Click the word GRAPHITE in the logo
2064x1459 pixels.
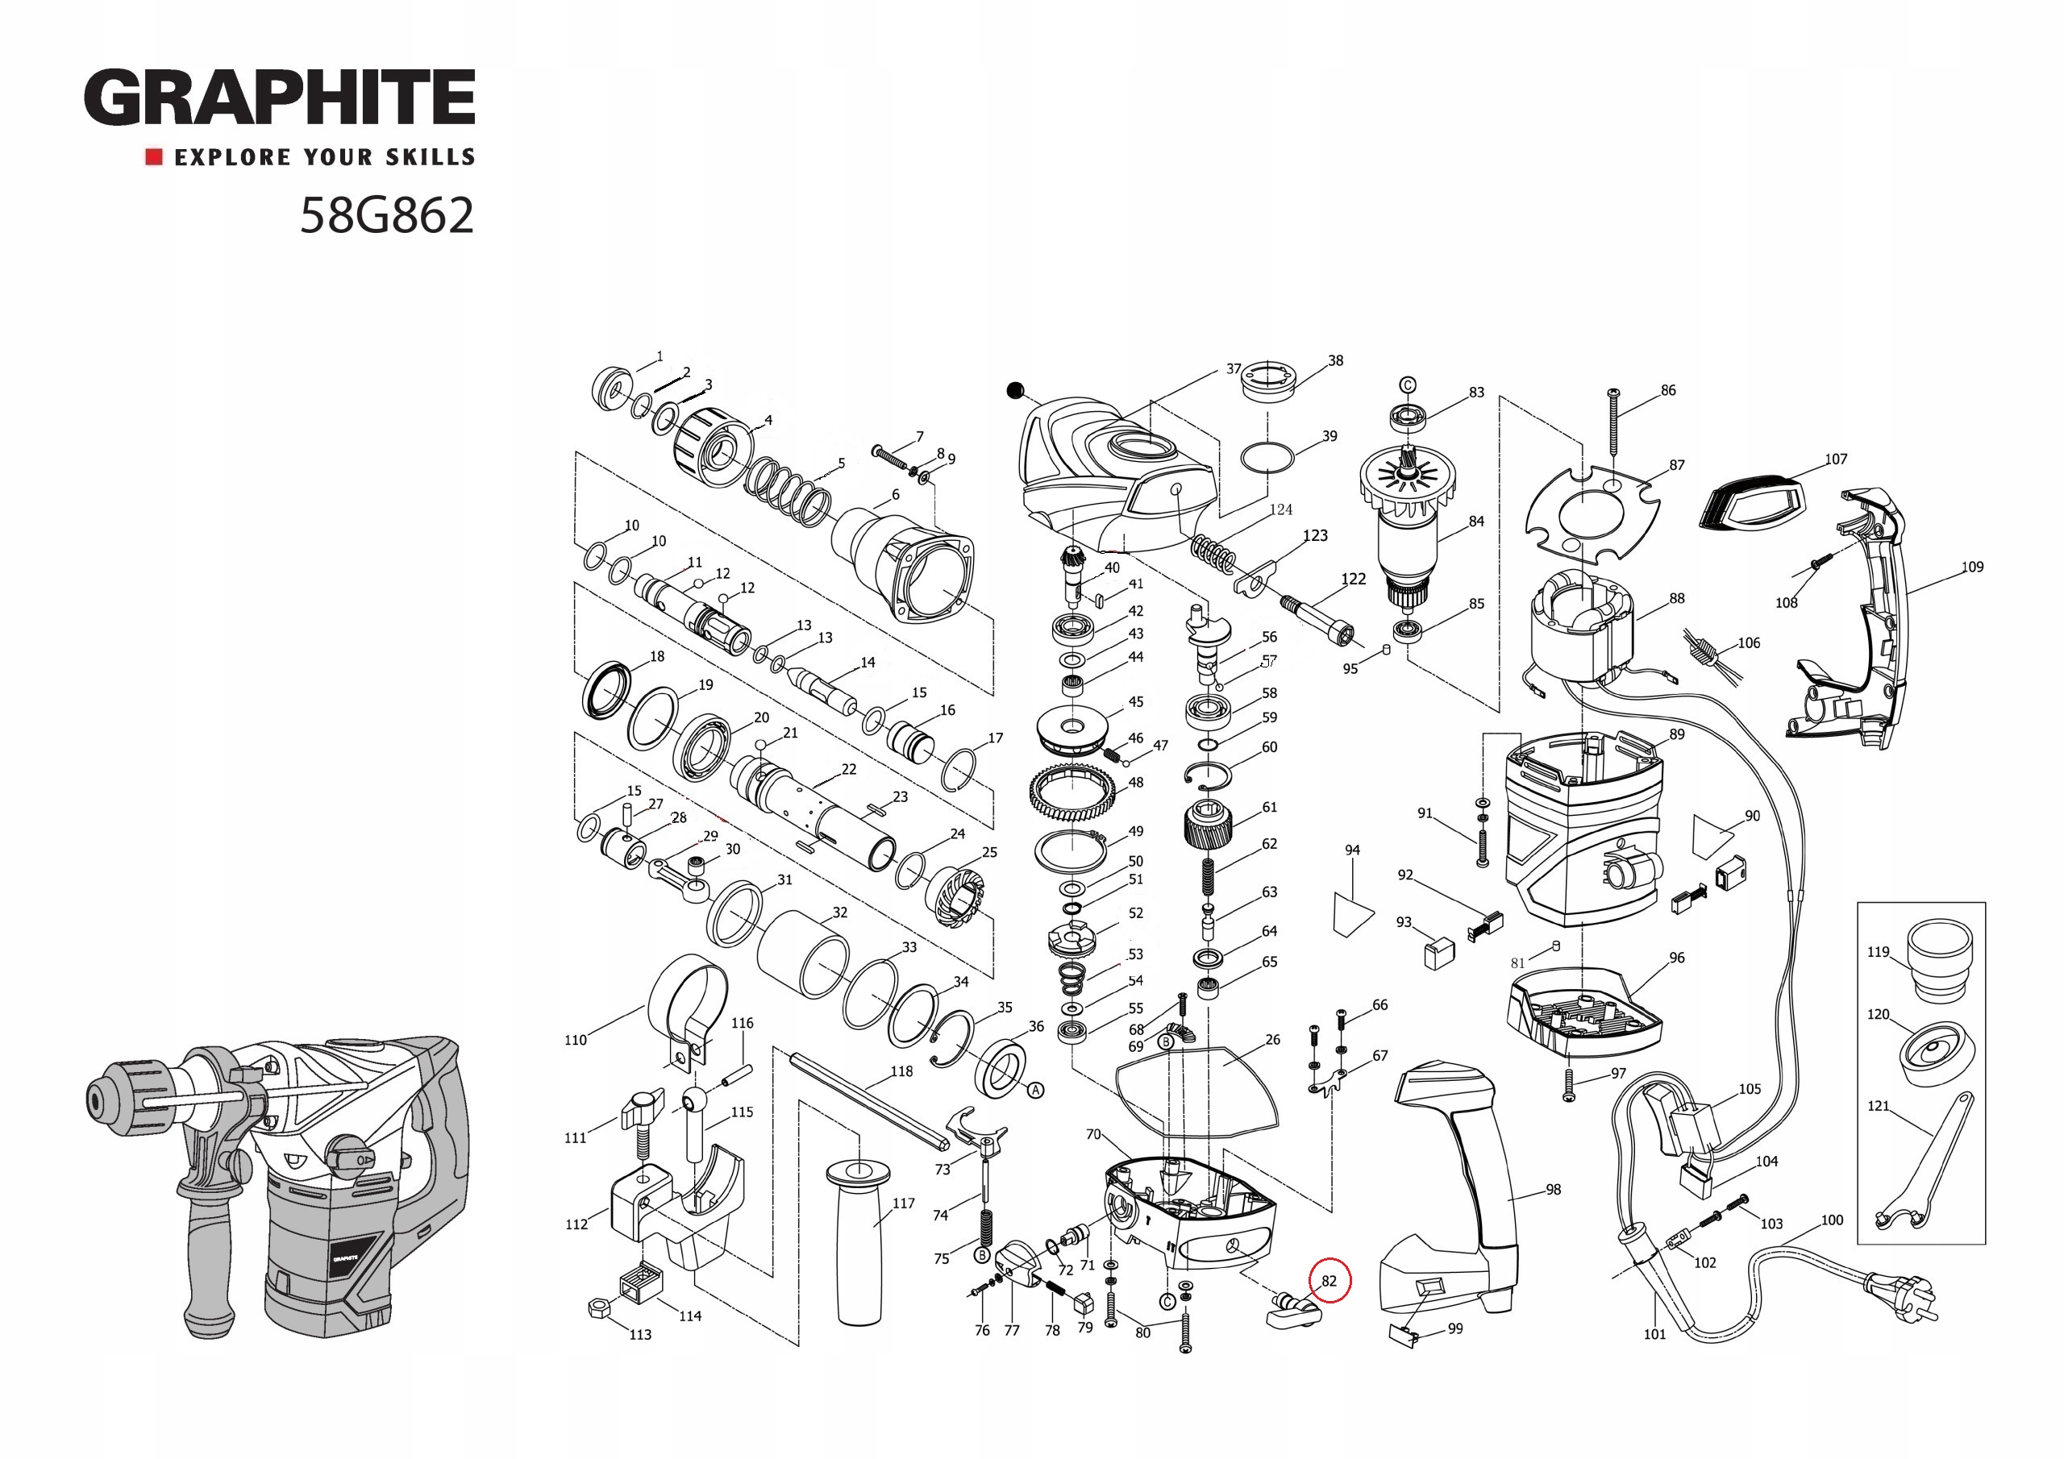click(x=280, y=97)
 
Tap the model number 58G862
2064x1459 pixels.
click(x=386, y=216)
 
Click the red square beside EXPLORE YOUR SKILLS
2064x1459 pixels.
click(x=154, y=157)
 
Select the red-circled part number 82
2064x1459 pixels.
click(x=1329, y=1281)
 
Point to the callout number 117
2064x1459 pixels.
click(x=904, y=1203)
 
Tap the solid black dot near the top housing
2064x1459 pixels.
click(x=1015, y=390)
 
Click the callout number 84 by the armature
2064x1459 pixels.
click(x=1476, y=522)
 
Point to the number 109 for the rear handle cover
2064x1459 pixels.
click(x=1972, y=567)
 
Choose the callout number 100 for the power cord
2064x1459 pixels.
click(x=1832, y=1220)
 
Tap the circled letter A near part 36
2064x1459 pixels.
click(x=1035, y=1091)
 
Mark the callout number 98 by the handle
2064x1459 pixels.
click(x=1554, y=1189)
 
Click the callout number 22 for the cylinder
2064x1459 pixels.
click(x=849, y=770)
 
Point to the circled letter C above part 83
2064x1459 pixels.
click(x=1408, y=385)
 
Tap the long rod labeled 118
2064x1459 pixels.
click(x=868, y=1099)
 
